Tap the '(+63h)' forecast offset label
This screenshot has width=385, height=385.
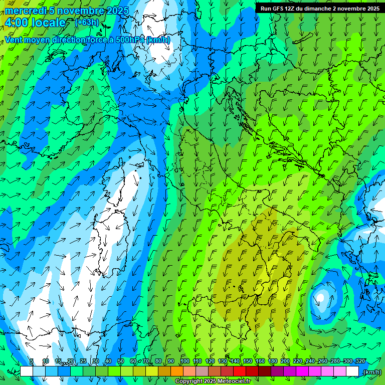point(87,22)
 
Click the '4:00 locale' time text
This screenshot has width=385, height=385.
point(35,23)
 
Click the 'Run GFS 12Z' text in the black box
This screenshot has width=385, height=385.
point(278,9)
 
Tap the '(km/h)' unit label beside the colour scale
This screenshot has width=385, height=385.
point(372,372)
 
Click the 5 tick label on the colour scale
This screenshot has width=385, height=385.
point(32,361)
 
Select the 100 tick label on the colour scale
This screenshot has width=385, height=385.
point(185,361)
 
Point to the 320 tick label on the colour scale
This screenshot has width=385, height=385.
point(360,361)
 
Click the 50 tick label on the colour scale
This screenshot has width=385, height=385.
point(121,361)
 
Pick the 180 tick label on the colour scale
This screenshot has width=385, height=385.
point(273,361)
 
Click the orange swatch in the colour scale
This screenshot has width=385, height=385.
point(176,371)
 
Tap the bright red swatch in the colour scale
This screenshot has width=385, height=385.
point(240,371)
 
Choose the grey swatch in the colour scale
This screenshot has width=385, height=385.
point(202,371)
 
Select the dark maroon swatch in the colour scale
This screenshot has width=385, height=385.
point(265,371)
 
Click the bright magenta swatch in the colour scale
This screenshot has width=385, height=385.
point(302,371)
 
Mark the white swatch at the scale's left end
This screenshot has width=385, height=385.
point(27,371)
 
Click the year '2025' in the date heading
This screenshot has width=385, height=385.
point(117,11)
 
